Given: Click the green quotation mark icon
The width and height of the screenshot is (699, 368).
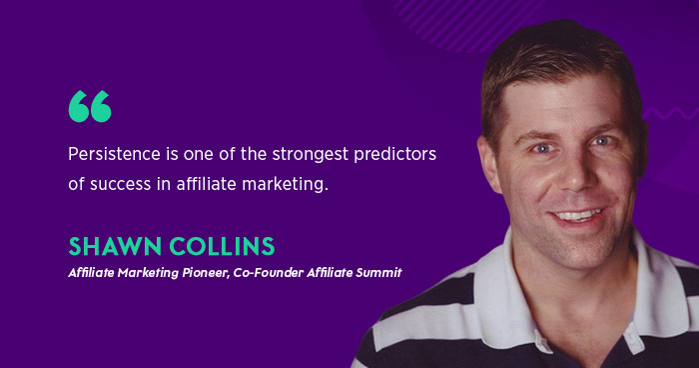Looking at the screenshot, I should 89,106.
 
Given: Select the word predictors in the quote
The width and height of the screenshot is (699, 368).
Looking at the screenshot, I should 400,156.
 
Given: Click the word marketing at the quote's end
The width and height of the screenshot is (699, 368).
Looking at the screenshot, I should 288,185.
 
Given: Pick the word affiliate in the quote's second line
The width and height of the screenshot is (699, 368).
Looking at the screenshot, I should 207,185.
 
